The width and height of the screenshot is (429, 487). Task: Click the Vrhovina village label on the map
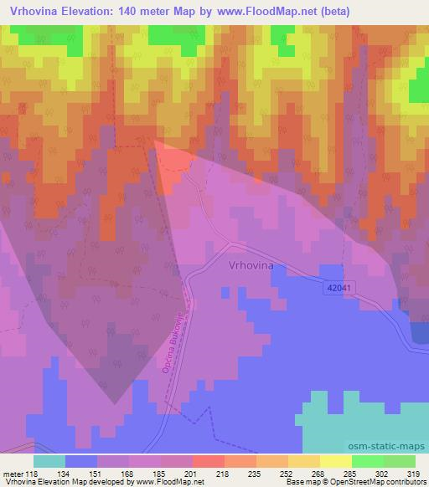251,265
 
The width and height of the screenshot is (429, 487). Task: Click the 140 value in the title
138,12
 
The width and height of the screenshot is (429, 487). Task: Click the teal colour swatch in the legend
49,461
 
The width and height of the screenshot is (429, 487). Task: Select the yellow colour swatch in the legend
336,461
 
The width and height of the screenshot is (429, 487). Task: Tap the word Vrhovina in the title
30,12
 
